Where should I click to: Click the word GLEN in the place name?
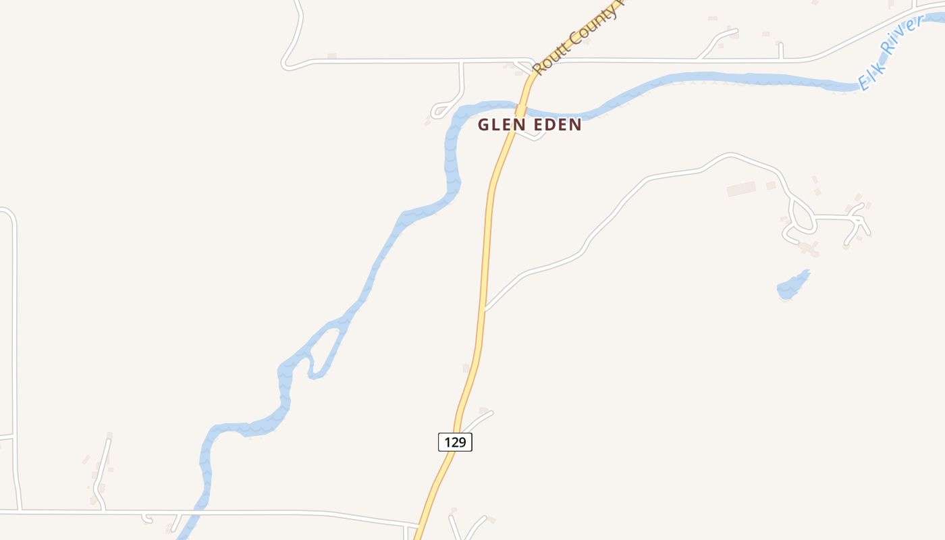[x=500, y=125]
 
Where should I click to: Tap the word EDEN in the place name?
[x=555, y=125]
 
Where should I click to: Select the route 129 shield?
[x=455, y=442]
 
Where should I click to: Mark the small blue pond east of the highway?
[x=791, y=286]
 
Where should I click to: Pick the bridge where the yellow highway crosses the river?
[x=520, y=110]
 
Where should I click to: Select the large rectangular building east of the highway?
[x=741, y=188]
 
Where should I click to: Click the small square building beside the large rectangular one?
[x=771, y=185]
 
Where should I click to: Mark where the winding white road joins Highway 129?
[x=485, y=310]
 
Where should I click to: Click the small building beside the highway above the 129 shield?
[x=466, y=368]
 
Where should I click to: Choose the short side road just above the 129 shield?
[x=478, y=420]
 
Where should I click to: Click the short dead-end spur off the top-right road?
[x=780, y=50]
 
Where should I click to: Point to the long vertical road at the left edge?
[x=13, y=337]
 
